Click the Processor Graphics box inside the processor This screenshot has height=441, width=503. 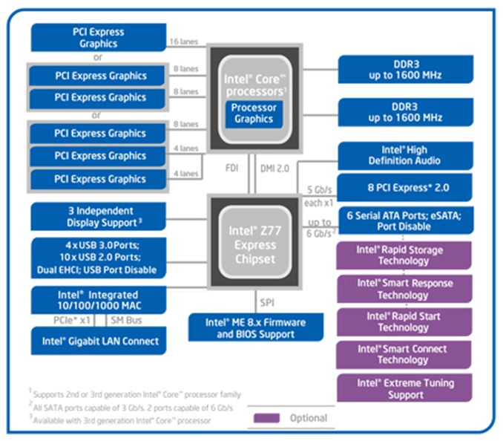[254, 113]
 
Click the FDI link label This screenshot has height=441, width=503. [231, 168]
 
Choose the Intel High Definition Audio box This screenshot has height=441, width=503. [404, 155]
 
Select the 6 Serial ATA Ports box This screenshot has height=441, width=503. [404, 220]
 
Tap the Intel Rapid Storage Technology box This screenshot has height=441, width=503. [404, 255]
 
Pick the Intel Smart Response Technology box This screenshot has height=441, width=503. [404, 289]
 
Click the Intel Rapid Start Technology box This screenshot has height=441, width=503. [404, 321]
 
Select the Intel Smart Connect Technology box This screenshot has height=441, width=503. [404, 354]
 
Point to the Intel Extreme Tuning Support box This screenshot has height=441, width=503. [404, 388]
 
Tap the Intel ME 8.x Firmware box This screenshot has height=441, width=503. [255, 328]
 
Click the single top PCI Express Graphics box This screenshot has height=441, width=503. [98, 38]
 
